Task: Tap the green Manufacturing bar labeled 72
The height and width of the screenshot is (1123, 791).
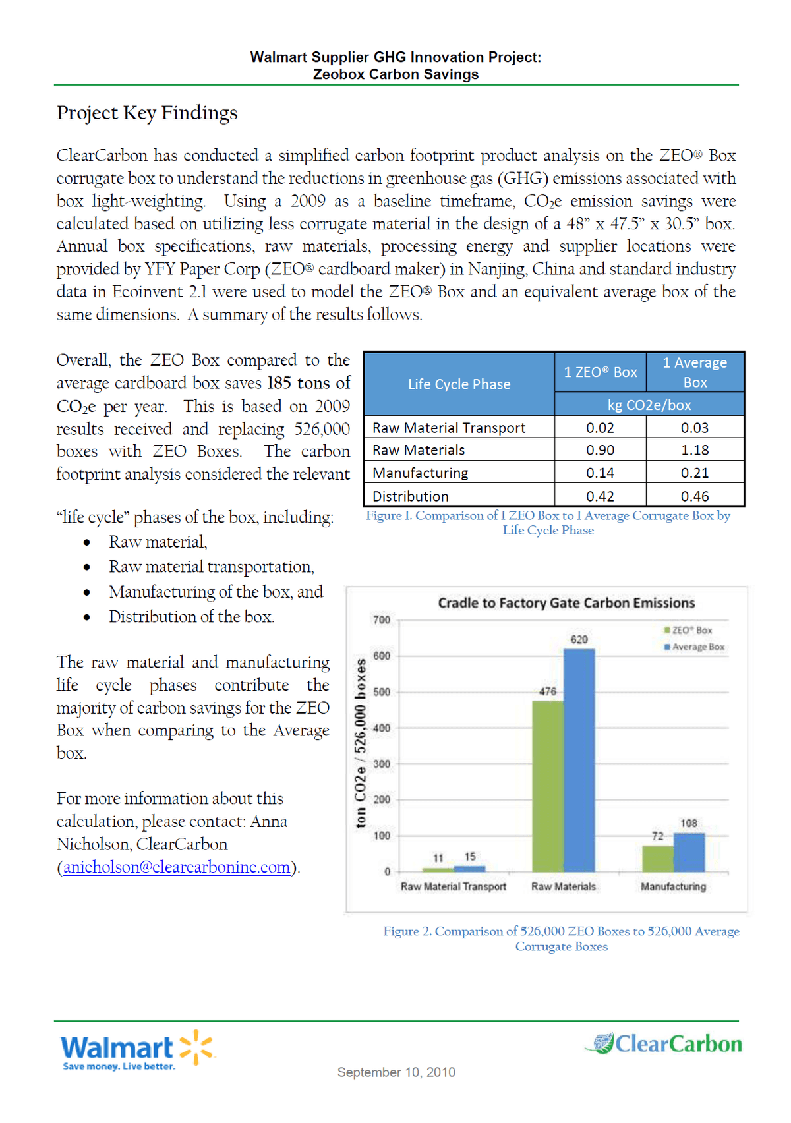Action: click(x=657, y=858)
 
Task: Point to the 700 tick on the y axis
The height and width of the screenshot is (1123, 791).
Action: click(x=382, y=620)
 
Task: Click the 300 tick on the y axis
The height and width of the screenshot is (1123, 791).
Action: click(x=382, y=764)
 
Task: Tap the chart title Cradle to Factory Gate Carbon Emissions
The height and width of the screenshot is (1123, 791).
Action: click(x=566, y=603)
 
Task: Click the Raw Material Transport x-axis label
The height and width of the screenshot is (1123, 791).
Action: click(x=454, y=886)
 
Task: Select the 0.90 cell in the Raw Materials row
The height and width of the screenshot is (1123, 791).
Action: click(x=600, y=450)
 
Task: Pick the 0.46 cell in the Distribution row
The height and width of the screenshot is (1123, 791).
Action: click(x=695, y=496)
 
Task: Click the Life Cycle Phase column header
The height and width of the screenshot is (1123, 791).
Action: click(x=459, y=384)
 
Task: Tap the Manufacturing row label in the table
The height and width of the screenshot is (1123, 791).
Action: click(x=421, y=473)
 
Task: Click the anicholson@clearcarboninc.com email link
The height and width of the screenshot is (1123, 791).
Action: click(x=177, y=867)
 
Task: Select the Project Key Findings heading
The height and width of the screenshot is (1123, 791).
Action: click(x=147, y=113)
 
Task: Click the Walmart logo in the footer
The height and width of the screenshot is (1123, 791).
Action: click(x=137, y=1048)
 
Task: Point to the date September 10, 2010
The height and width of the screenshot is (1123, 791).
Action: click(x=396, y=1072)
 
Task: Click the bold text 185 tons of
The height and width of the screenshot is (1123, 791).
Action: click(x=308, y=383)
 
